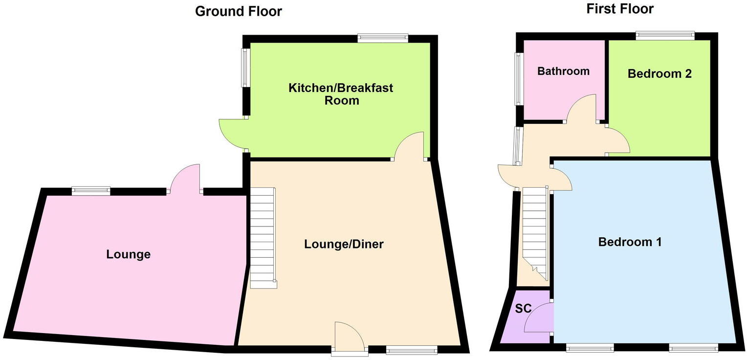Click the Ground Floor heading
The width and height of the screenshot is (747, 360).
tap(238, 11)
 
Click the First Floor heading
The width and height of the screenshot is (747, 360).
tap(620, 8)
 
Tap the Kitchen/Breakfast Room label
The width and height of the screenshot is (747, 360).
tap(341, 94)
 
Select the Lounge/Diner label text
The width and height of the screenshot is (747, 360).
tap(344, 244)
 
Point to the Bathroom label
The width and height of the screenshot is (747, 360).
tap(563, 71)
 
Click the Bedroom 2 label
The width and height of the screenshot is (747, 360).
tap(659, 74)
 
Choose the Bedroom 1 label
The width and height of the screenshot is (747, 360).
tap(630, 242)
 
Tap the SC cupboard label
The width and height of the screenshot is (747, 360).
tap(523, 309)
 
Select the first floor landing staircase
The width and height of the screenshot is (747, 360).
tap(534, 230)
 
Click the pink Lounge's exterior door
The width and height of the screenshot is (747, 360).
tap(185, 179)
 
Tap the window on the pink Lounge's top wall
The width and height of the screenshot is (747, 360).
tap(91, 191)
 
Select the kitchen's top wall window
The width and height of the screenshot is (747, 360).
tap(382, 38)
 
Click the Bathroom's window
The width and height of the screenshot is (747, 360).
tap(518, 79)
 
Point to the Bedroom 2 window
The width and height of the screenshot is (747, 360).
tap(665, 35)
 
